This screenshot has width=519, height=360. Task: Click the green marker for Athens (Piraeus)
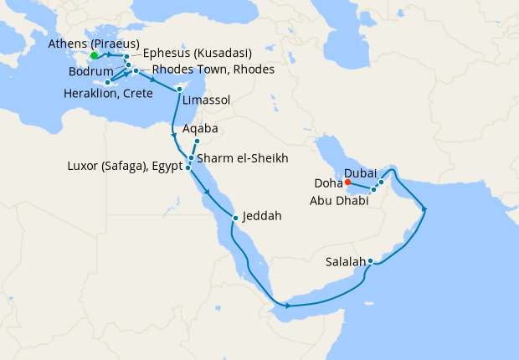[95, 56]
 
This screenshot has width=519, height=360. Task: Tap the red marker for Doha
[347, 182]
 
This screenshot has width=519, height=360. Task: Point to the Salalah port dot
[370, 261]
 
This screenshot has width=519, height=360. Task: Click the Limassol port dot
[180, 89]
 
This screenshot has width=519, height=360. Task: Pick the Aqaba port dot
[197, 141]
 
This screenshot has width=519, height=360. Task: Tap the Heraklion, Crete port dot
[108, 82]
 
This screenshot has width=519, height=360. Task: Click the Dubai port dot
[381, 182]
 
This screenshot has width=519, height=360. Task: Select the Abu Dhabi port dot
[373, 189]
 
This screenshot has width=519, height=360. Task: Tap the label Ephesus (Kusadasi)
[198, 53]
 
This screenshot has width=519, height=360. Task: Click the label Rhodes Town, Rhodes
[213, 69]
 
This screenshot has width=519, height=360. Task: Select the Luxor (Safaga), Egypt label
[124, 167]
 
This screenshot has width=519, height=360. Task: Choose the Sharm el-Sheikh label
[244, 157]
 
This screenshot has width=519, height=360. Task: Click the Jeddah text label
[263, 216]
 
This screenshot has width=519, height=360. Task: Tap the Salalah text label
[345, 261]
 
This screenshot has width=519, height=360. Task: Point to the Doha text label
[329, 182]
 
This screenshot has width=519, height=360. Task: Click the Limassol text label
[206, 100]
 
